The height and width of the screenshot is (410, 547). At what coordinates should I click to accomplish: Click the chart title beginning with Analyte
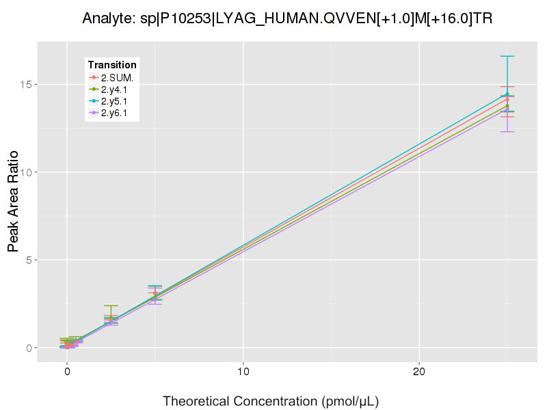(x=287, y=18)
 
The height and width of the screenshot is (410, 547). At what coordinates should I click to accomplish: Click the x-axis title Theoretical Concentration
(x=270, y=400)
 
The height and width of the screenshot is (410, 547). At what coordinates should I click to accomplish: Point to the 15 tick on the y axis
(x=26, y=85)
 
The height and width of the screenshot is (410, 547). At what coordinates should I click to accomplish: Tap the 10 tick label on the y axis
(x=26, y=172)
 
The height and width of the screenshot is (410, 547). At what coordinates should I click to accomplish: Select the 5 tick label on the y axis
(x=29, y=260)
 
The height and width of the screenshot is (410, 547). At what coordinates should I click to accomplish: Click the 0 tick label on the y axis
(x=29, y=348)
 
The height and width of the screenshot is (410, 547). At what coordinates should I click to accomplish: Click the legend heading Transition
(x=112, y=65)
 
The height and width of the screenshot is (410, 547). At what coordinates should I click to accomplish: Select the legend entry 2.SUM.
(x=116, y=78)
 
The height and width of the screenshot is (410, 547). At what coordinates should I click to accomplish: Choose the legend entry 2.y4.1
(x=114, y=90)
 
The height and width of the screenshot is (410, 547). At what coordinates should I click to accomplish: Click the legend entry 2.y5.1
(x=114, y=101)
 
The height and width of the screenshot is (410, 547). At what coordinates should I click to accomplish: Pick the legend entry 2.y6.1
(x=114, y=113)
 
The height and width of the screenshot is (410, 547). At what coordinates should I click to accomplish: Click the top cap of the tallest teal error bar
(x=507, y=56)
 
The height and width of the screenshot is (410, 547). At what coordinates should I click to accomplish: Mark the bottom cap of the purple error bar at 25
(x=507, y=131)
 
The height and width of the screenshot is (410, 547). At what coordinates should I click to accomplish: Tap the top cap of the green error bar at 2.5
(x=111, y=305)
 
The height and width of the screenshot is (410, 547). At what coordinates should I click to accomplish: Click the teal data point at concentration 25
(x=507, y=94)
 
